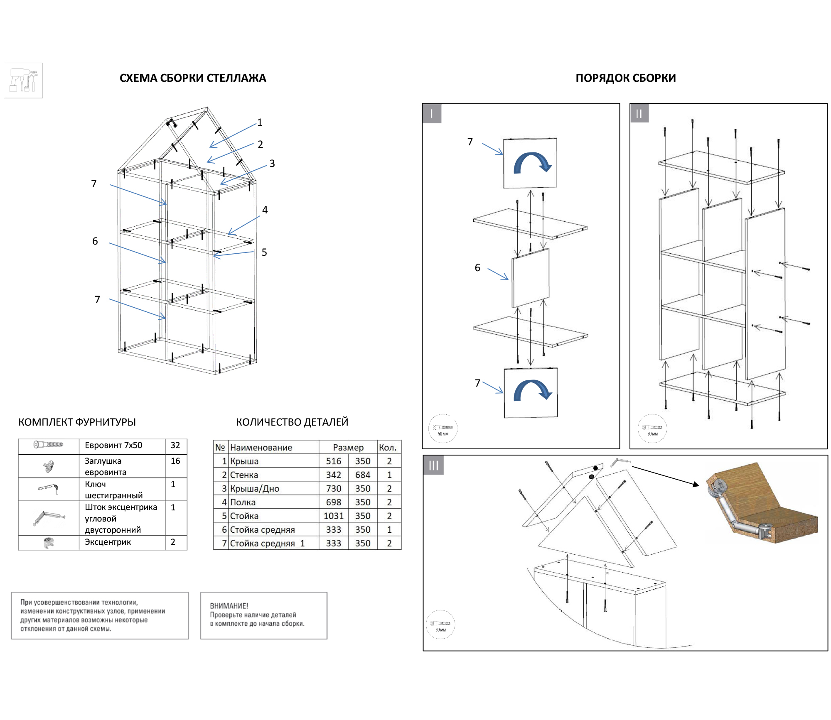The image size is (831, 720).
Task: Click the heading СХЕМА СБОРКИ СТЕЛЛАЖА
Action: pos(193,78)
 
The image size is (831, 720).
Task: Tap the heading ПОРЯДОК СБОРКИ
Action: pos(626,78)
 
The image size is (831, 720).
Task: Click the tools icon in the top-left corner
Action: pos(23,81)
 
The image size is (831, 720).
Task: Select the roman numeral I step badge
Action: pos(432,114)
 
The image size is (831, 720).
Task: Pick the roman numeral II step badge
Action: pos(639,113)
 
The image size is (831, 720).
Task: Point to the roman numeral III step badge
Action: pos(433,465)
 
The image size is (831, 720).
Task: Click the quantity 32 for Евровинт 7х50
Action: pos(175,445)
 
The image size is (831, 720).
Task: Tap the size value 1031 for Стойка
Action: pos(334,516)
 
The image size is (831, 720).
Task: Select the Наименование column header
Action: pos(261,448)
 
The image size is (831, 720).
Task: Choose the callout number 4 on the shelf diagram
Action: pos(265,210)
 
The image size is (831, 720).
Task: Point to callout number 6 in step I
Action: pos(477,268)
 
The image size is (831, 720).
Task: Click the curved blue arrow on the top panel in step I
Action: pos(533,163)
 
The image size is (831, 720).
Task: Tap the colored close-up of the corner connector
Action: pos(762,503)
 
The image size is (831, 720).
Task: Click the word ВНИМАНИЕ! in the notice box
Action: pos(229,606)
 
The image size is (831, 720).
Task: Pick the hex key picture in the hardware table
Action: pos(49,488)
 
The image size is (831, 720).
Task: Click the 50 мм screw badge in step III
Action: pos(440,624)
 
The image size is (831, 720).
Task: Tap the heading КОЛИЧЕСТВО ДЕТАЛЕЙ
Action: pos(292,422)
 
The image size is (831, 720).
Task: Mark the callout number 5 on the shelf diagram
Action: pos(264,252)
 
